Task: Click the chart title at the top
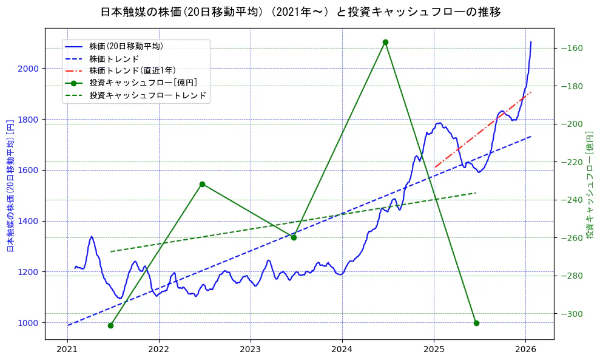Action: click(x=300, y=12)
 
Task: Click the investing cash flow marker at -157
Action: click(x=385, y=42)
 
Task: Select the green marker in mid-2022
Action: click(x=202, y=184)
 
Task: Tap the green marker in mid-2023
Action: click(x=294, y=237)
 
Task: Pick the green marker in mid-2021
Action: click(x=110, y=325)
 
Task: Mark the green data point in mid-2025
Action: click(x=476, y=323)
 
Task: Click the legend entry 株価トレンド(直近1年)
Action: click(x=132, y=70)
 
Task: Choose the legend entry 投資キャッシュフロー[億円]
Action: click(x=143, y=83)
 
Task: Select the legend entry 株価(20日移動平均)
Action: click(x=126, y=46)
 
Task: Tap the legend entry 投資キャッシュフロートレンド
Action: click(x=147, y=95)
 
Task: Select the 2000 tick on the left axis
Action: click(x=29, y=69)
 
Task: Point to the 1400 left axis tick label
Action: click(x=29, y=221)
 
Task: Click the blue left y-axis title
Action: click(x=10, y=185)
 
